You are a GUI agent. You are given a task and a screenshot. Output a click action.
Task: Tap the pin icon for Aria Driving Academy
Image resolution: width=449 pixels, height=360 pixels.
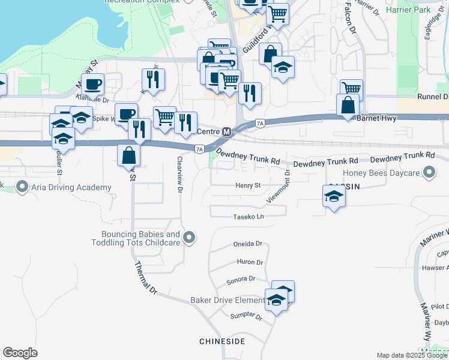click(23, 187)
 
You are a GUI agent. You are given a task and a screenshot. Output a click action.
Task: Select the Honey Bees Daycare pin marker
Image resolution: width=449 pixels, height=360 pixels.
click(429, 173)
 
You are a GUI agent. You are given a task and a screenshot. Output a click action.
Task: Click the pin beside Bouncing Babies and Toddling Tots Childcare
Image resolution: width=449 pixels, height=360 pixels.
click(189, 238)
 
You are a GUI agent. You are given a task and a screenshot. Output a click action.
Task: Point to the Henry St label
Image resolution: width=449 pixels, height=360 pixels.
click(249, 186)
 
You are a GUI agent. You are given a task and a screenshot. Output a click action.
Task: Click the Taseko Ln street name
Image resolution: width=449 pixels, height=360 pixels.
click(249, 217)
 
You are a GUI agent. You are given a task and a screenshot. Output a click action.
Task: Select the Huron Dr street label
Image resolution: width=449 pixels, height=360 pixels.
click(250, 262)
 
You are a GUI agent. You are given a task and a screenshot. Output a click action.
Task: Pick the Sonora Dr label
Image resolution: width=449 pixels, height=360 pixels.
click(241, 280)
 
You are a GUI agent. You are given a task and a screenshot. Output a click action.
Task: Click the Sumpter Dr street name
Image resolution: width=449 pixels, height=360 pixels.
click(246, 316)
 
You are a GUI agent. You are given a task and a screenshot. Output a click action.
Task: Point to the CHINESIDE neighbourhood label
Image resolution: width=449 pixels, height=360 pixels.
click(222, 341)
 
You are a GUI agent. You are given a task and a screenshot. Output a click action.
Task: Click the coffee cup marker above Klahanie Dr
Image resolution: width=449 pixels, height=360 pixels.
click(92, 83)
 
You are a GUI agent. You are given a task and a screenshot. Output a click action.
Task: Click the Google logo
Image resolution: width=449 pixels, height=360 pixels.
click(20, 353)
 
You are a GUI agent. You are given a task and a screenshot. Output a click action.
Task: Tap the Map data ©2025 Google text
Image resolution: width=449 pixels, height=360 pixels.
click(412, 355)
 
